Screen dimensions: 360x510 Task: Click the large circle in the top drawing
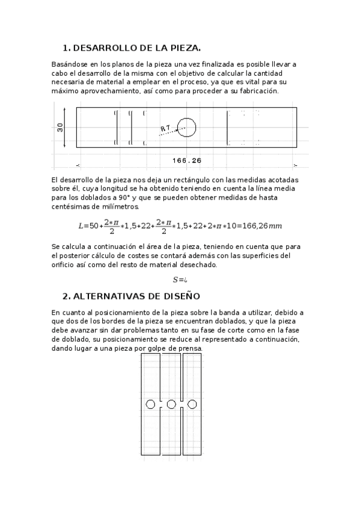tap(187, 127)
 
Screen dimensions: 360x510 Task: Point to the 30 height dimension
tap(60, 127)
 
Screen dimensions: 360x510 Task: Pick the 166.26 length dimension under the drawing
tap(186, 161)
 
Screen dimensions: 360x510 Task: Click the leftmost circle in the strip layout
tap(150, 404)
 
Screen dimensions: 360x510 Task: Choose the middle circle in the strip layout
tap(171, 404)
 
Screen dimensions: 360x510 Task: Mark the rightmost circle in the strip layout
tap(192, 404)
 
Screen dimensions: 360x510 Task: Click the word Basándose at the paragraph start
tap(69, 63)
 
